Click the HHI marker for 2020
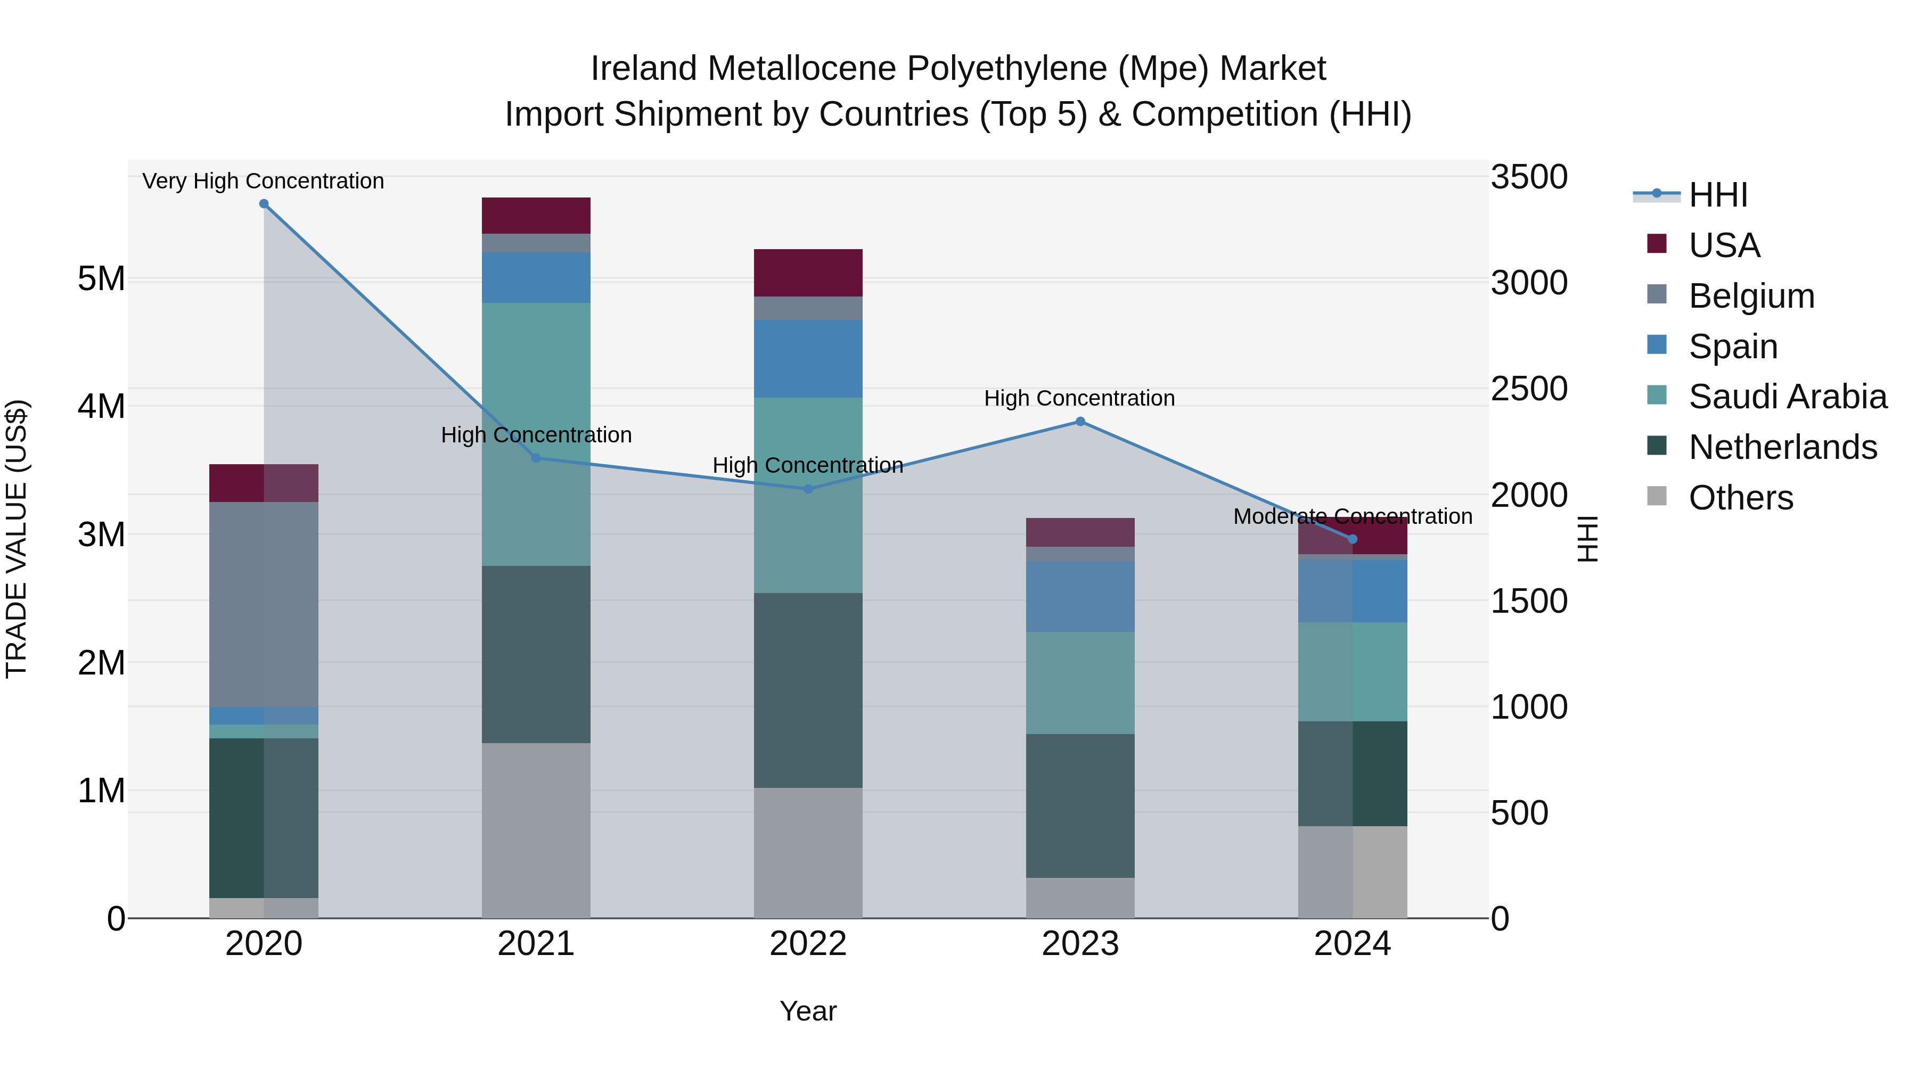264,204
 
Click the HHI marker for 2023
1080,422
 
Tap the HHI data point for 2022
808,489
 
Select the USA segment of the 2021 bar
536,216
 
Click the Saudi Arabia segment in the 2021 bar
536,434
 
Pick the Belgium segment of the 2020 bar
264,604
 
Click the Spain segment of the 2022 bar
808,359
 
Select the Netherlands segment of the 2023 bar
1080,806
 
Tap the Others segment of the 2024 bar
1352,872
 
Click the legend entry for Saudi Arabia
1787,397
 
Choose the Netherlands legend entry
1782,447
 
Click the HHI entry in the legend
1717,195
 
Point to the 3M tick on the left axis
101,534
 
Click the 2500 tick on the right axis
1528,389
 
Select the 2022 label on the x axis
808,944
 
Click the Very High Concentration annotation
264,181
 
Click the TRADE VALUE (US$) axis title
17,539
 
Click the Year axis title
808,1011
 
